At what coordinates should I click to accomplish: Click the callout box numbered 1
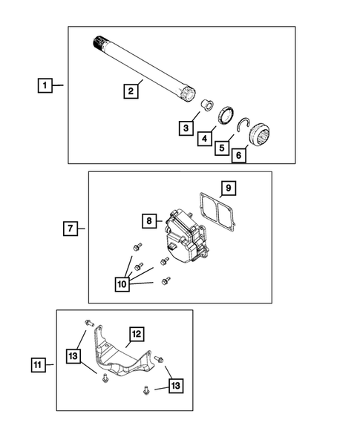coord(46,86)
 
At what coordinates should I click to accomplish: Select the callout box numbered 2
coord(130,91)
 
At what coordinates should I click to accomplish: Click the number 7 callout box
coord(68,229)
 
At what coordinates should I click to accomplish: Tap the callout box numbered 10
coord(121,283)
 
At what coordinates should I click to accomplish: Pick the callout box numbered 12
coord(136,334)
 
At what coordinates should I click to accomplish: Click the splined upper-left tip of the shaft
coord(99,41)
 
